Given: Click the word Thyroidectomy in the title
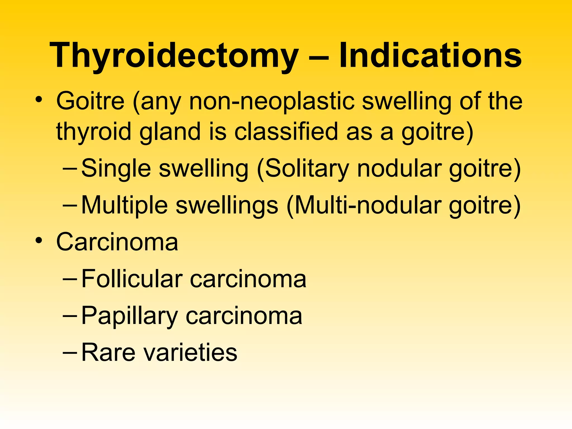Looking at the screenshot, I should pyautogui.click(x=174, y=55).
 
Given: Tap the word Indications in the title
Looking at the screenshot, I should pyautogui.click(x=430, y=55).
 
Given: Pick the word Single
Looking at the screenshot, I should pyautogui.click(x=116, y=168).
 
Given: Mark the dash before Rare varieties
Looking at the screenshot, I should pyautogui.click(x=70, y=352).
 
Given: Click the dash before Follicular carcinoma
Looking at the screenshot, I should pyautogui.click(x=70, y=279).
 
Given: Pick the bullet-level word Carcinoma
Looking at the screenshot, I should pyautogui.click(x=117, y=242).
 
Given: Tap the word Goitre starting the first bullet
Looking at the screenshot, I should pyautogui.click(x=90, y=101).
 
